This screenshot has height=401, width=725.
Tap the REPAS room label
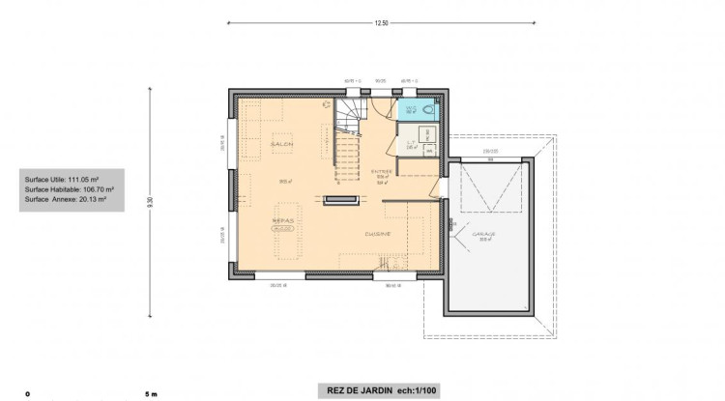point(282,220)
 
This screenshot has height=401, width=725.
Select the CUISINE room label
point(377,233)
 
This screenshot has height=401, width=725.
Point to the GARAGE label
point(484,233)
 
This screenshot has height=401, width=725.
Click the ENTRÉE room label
point(382,171)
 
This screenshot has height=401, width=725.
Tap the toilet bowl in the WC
point(429,110)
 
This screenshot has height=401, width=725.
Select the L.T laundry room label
point(410,142)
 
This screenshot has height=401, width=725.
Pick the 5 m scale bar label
point(150,394)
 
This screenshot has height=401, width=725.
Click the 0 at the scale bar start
point(28,394)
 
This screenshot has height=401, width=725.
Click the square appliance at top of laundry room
point(426,133)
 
